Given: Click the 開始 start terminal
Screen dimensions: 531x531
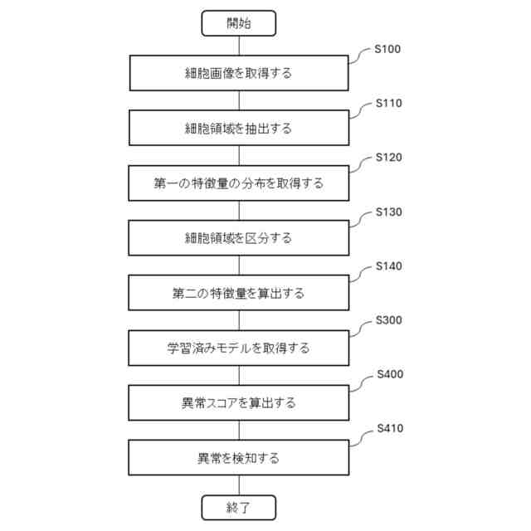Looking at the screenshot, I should click(238, 23).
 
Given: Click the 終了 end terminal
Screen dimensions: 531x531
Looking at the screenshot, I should click(238, 507).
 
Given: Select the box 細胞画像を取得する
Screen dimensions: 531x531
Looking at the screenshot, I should click(238, 73).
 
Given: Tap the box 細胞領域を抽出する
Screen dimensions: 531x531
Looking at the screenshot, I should click(238, 128).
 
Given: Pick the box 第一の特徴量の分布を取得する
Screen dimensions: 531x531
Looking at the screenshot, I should click(238, 183).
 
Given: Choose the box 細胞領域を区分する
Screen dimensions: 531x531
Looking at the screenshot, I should click(238, 238).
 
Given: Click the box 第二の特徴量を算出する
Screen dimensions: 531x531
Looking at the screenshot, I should click(238, 293).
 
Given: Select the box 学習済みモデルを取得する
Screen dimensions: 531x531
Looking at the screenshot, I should click(238, 348).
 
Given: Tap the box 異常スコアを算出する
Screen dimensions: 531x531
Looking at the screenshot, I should click(238, 403).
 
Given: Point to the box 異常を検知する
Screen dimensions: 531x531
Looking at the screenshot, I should click(238, 458).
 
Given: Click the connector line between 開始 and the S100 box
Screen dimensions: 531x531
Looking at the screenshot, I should click(238, 46).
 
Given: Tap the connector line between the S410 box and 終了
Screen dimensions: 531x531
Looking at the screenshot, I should click(238, 485).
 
